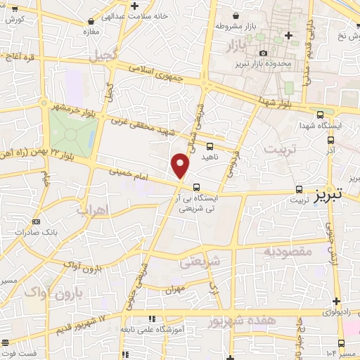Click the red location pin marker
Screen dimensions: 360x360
coord(181,165)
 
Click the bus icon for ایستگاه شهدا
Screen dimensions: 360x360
coord(321,115)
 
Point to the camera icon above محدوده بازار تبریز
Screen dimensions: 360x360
coord(264,53)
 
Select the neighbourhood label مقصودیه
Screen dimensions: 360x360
coord(288,251)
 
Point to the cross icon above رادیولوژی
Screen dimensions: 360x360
coord(336,300)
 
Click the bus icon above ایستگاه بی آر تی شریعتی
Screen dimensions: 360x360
coord(195,187)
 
